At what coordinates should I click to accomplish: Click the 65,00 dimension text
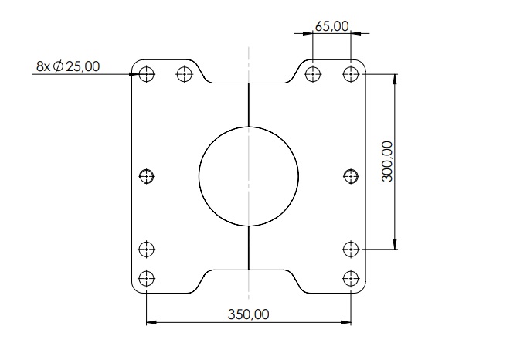click(x=331, y=26)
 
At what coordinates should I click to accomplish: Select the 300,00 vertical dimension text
click(x=387, y=161)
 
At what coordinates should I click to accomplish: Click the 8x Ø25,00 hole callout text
click(x=68, y=66)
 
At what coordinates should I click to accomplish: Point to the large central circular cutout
click(x=248, y=176)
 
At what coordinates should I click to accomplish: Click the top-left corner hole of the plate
click(x=146, y=74)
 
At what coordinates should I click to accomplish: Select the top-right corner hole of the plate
click(x=351, y=74)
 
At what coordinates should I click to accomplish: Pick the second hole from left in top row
click(x=184, y=74)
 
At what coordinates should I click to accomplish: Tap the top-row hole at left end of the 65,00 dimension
click(x=312, y=74)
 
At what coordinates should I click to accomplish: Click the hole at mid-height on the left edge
click(x=146, y=177)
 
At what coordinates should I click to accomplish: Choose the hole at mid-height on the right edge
click(x=351, y=177)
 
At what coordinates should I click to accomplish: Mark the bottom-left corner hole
click(x=146, y=278)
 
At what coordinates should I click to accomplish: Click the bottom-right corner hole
click(x=351, y=278)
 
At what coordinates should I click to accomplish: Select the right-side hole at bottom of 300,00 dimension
click(x=351, y=249)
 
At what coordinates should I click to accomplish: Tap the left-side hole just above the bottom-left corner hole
click(x=146, y=249)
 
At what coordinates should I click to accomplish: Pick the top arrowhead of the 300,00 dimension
click(x=396, y=79)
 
